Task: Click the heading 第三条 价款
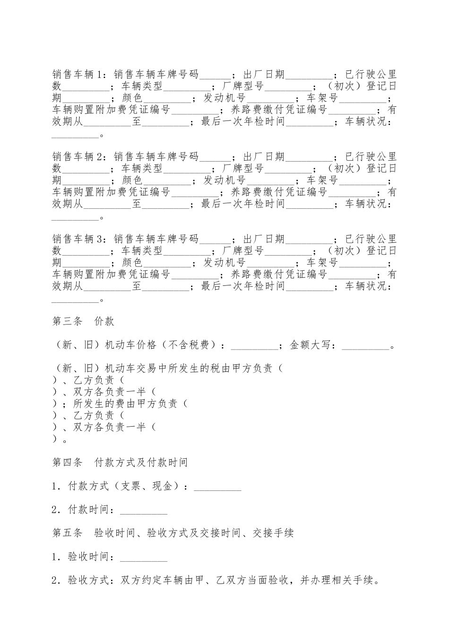(x=83, y=322)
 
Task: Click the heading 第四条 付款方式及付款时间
(x=120, y=462)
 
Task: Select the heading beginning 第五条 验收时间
(x=173, y=533)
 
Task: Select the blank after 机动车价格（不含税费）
(x=255, y=345)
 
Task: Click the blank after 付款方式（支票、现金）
(x=218, y=486)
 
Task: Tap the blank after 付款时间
(x=144, y=510)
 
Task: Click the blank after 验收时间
(x=144, y=557)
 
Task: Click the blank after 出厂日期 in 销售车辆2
(x=310, y=157)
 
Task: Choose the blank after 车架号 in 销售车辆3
(x=363, y=263)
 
